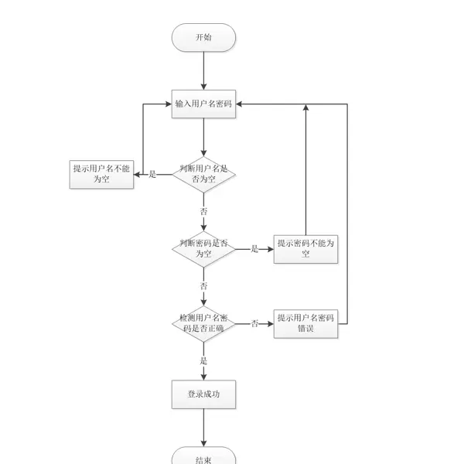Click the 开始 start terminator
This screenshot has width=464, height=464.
click(203, 37)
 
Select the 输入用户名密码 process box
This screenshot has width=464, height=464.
click(203, 104)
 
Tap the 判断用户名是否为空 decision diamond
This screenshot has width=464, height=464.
click(203, 174)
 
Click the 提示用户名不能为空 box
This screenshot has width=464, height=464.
click(101, 174)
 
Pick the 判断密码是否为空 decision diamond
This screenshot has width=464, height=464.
click(203, 248)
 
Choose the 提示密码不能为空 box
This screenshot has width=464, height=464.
click(306, 248)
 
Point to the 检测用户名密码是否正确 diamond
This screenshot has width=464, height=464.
click(203, 323)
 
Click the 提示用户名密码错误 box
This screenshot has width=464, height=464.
click(306, 323)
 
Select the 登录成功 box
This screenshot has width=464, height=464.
click(203, 394)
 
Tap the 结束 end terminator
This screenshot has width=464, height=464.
click(203, 458)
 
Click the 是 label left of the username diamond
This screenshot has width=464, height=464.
click(152, 174)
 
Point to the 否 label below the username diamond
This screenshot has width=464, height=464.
click(204, 210)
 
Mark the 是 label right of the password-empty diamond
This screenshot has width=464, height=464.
click(254, 249)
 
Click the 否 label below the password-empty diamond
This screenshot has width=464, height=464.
click(204, 285)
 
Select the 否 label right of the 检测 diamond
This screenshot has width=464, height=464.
click(254, 323)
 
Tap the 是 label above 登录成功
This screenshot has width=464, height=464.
click(204, 360)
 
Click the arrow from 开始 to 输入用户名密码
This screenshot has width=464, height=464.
click(203, 71)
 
